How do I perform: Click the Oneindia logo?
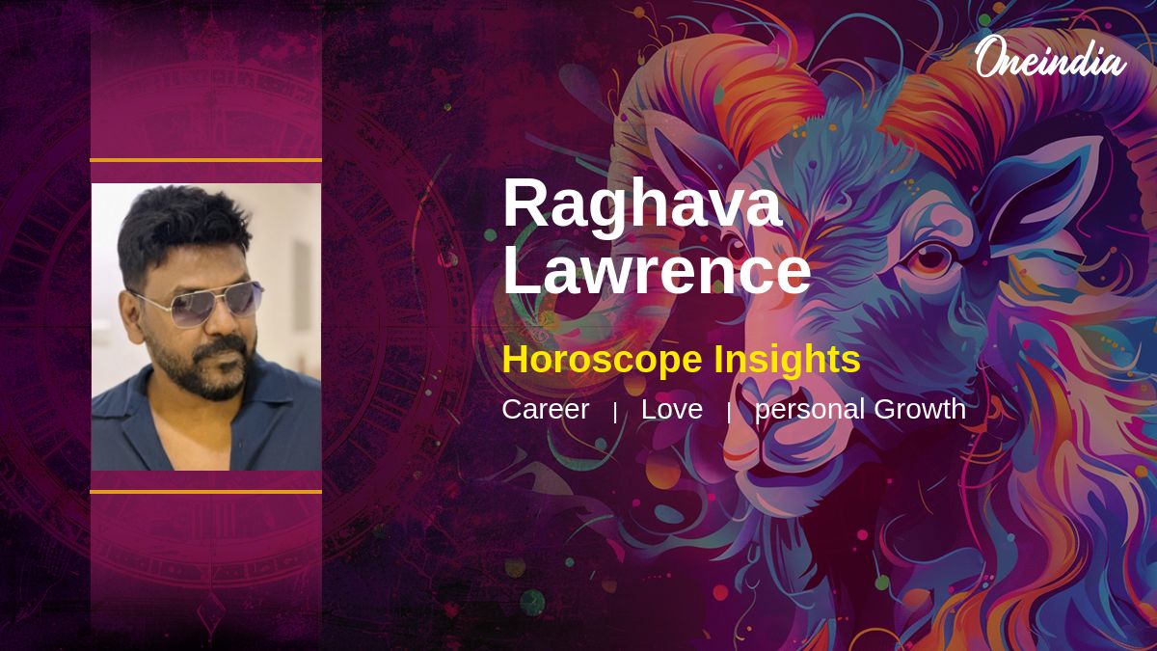coord(1051,58)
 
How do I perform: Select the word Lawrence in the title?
coord(657,269)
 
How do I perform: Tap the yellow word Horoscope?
coord(603,360)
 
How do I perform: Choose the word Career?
coord(546,409)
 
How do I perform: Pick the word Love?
coord(672,409)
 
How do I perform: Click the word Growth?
coord(920,409)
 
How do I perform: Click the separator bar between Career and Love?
coord(615,413)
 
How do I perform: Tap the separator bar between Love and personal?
coord(729,413)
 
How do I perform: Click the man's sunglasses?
coord(199,304)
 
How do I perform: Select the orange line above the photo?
coord(206,161)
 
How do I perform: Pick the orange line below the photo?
coord(206,492)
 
